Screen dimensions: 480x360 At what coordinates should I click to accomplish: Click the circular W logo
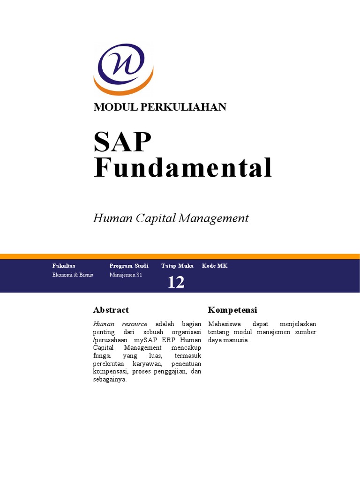click(123, 68)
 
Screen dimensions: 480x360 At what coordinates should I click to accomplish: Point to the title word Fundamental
click(183, 167)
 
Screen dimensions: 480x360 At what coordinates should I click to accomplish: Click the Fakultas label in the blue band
click(64, 266)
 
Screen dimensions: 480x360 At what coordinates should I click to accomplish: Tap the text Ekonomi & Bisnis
click(73, 275)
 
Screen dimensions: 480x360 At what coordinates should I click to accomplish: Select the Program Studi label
click(128, 266)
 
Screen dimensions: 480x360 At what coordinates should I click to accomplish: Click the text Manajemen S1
click(126, 275)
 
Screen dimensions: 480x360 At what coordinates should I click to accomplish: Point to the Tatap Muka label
click(177, 266)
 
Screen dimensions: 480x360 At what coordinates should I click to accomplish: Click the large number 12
click(176, 282)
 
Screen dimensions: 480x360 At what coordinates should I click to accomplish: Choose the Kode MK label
click(215, 266)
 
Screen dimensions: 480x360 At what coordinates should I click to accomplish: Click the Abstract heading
click(111, 310)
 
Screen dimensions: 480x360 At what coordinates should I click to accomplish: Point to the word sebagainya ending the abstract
click(110, 380)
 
